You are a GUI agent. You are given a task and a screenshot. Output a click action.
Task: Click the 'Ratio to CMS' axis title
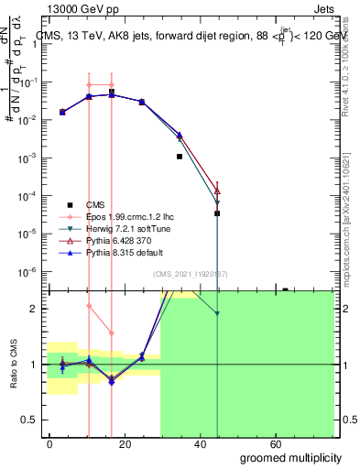[12, 364]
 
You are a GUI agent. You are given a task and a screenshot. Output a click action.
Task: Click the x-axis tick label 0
[50, 443]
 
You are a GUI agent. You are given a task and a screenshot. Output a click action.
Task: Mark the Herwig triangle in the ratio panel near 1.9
[217, 314]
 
